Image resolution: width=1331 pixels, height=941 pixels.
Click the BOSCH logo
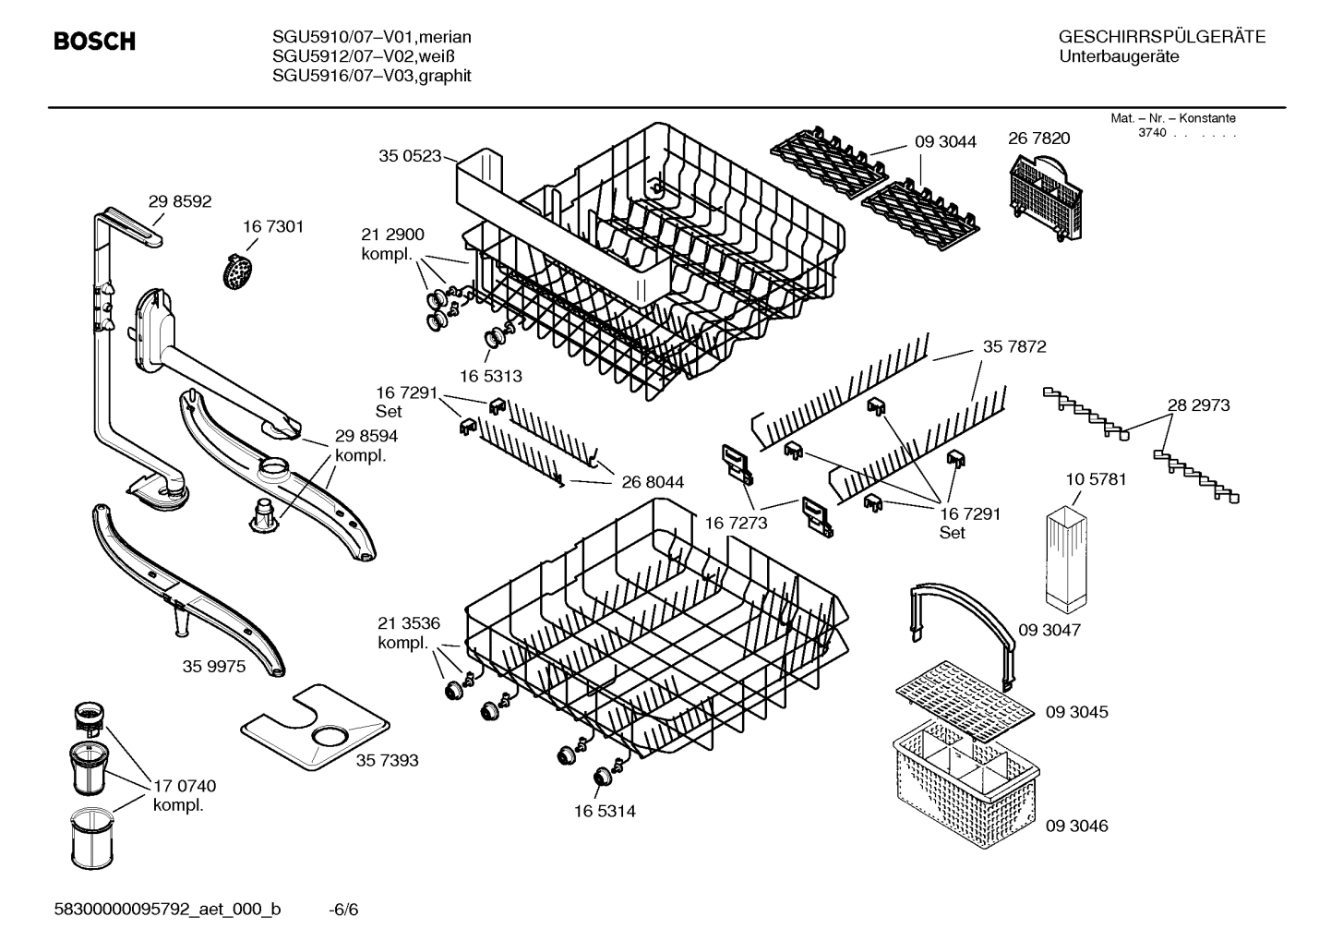[94, 42]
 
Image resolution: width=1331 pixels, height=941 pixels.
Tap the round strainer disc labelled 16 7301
[239, 271]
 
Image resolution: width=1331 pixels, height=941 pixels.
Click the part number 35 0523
[410, 156]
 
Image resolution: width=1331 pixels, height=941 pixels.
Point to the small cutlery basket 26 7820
[1045, 195]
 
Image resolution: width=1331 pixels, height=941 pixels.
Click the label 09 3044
[945, 141]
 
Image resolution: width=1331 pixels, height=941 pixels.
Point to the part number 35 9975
[213, 666]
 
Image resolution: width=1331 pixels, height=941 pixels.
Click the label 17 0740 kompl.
[184, 795]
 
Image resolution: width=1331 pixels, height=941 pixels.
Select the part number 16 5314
[604, 811]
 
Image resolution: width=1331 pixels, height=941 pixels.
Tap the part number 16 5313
[490, 376]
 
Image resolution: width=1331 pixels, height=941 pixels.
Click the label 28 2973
[1198, 404]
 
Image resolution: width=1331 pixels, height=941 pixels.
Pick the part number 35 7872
[1013, 346]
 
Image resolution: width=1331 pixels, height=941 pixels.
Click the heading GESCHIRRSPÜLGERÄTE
[1161, 37]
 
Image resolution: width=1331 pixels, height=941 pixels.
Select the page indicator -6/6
[343, 910]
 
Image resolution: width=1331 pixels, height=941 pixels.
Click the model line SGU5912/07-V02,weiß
[359, 56]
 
